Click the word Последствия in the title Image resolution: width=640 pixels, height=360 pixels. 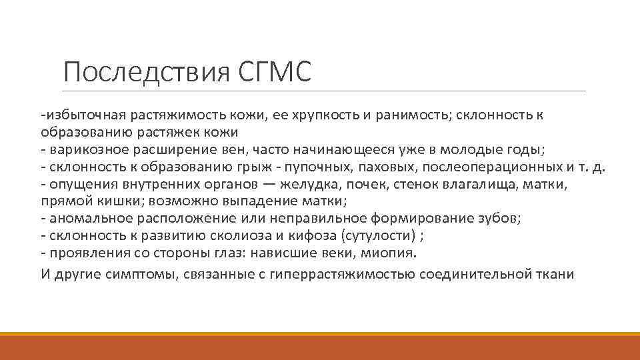click(x=147, y=73)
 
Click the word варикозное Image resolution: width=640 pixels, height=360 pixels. click(x=82, y=149)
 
